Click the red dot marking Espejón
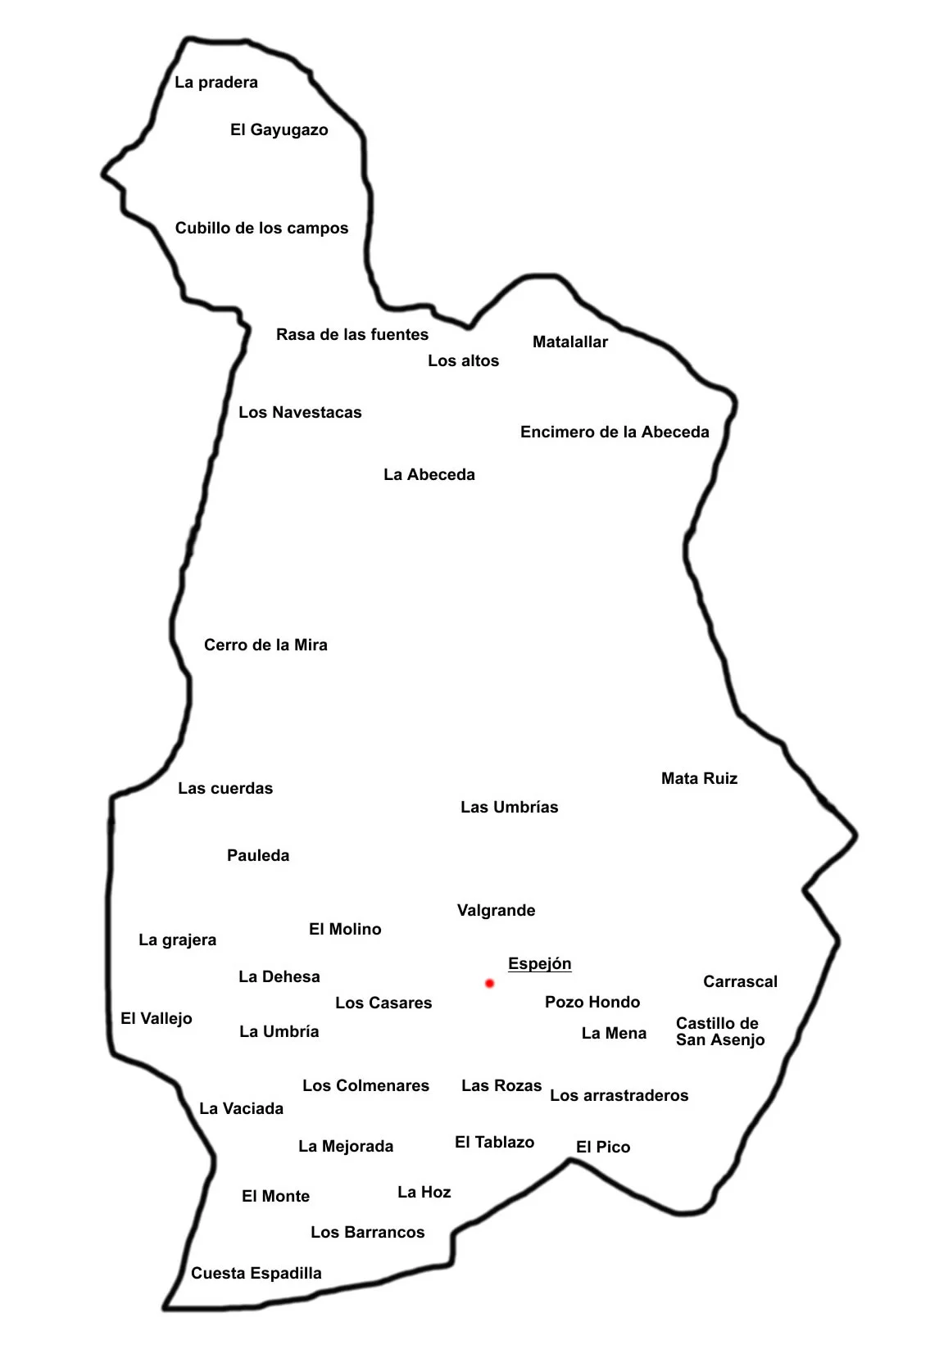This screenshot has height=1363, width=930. coord(489,983)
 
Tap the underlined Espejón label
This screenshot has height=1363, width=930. coord(539,964)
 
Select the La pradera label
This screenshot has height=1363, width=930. coord(216,83)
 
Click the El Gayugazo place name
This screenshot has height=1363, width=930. coord(279,130)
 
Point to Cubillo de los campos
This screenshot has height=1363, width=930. coord(261,229)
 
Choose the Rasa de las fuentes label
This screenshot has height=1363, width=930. coord(352,335)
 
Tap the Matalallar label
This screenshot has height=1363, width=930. coord(570,342)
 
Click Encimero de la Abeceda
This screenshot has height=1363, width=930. coord(615,432)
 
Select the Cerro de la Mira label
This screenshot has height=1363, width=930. coord(265,645)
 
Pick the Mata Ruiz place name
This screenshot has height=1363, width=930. coord(699,779)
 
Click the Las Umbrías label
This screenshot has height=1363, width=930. coord(509,808)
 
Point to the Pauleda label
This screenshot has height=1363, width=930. coord(258,856)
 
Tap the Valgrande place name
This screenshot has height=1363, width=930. coord(496,911)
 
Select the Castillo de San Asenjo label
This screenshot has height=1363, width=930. coord(719,1032)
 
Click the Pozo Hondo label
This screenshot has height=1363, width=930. coord(592,1003)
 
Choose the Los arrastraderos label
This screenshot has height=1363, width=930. coord(619,1096)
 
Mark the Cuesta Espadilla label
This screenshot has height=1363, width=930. coord(256,1274)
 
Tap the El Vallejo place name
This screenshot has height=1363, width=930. coord(157,1019)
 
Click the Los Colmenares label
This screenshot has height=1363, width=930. coord(365,1086)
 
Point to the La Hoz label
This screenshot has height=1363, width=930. coord(424,1193)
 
